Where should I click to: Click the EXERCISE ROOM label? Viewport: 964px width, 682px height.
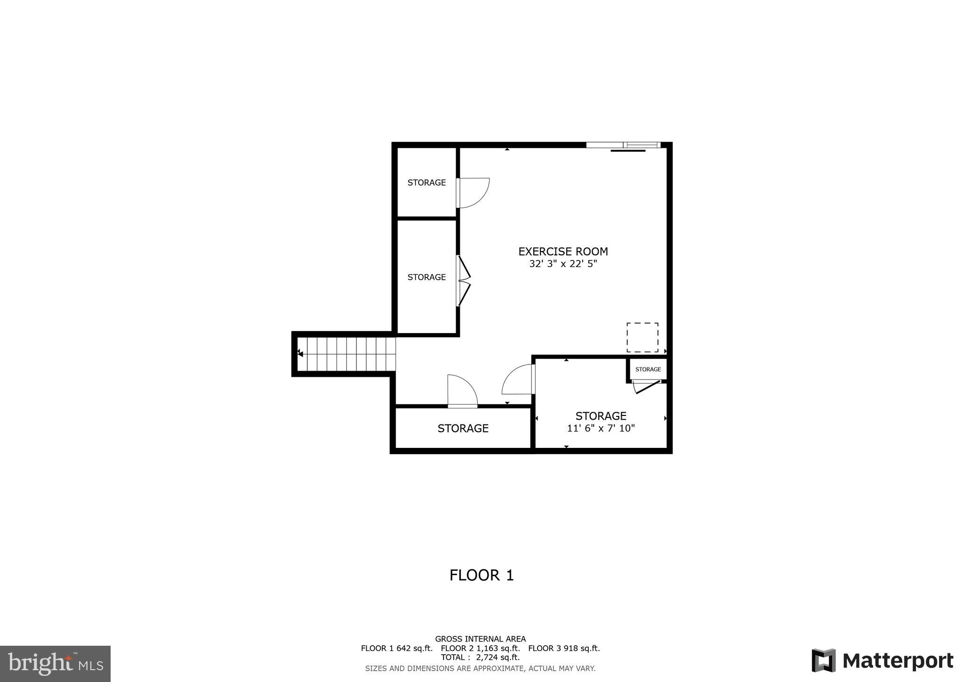point(563,252)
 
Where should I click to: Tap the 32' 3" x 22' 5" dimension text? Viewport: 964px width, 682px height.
point(563,264)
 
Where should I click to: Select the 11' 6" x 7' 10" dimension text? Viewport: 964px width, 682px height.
point(601,429)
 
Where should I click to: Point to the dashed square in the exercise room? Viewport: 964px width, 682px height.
point(642,337)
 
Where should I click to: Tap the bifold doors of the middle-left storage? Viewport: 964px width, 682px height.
point(464,281)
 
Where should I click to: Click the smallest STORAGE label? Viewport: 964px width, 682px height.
point(648,369)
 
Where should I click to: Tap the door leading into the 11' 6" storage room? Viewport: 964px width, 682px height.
point(518,380)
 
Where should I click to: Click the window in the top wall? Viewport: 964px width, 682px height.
point(622,145)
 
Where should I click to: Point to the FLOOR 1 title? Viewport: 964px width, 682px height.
point(481,575)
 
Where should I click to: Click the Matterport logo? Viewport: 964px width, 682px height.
point(882,660)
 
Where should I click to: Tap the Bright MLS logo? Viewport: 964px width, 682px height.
point(55,664)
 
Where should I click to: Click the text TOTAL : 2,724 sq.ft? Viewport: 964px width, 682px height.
point(480,658)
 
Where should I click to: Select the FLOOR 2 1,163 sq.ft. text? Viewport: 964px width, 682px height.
point(480,648)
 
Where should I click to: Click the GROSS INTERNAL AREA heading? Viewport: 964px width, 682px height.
point(480,639)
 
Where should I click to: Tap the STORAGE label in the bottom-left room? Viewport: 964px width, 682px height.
point(463,428)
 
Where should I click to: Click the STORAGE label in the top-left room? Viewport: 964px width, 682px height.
point(426,183)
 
